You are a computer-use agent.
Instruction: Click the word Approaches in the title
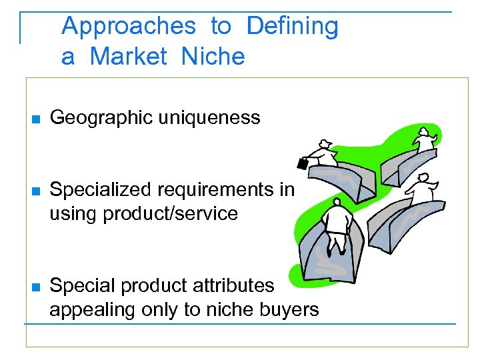129,27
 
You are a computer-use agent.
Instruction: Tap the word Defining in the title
293,27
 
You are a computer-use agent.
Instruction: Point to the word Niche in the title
213,57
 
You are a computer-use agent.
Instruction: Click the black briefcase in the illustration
302,163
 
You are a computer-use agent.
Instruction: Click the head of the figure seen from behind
337,201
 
